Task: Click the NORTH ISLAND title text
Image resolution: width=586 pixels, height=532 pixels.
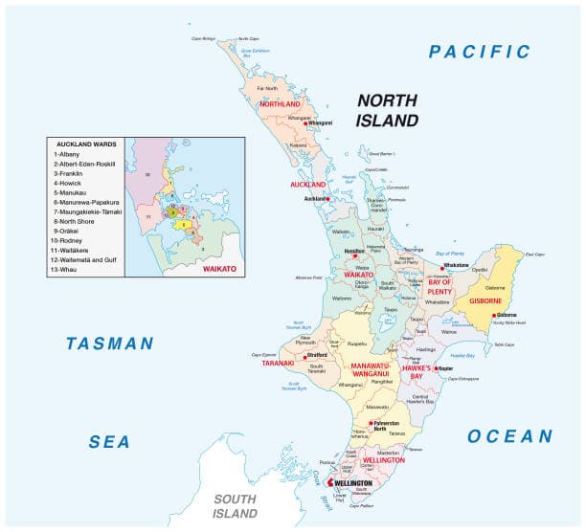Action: point(388,110)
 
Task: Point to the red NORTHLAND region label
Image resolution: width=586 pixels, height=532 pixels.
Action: point(280,104)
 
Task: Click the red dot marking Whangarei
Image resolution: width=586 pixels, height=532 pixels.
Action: point(305,123)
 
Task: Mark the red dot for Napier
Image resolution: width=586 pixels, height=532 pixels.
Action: point(436,368)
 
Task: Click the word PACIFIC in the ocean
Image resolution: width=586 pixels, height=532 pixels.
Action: point(479,52)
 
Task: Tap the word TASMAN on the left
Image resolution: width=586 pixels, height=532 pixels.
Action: point(110,344)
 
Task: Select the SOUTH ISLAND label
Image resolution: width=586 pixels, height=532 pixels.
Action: point(236,506)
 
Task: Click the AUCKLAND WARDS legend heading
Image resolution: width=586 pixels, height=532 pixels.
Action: point(86,144)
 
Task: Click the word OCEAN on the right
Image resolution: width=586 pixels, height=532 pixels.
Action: point(509,436)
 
